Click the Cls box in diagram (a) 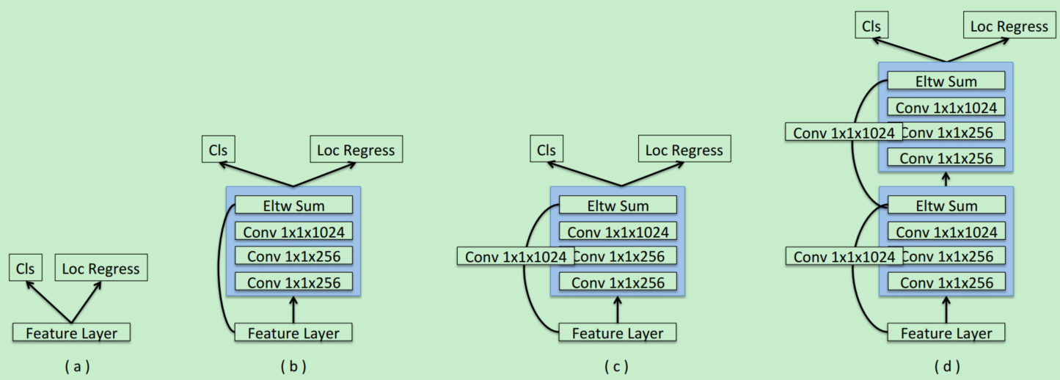tap(26, 268)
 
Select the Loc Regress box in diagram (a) tap(101, 268)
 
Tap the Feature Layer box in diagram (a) tap(71, 333)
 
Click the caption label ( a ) tap(77, 366)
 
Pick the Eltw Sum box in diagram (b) tap(293, 205)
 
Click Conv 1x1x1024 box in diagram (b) tap(293, 232)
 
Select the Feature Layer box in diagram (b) tap(293, 333)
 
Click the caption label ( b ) tap(293, 366)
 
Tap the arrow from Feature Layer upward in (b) tap(293, 309)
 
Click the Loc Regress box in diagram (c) tap(684, 150)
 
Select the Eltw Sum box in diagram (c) tap(618, 205)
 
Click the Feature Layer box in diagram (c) tap(618, 333)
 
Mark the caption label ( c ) tap(617, 366)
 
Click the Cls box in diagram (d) tap(871, 26)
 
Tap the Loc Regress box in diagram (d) tap(1009, 26)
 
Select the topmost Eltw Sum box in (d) tap(946, 81)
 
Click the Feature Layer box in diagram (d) tap(946, 333)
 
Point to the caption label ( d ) tap(946, 366)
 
